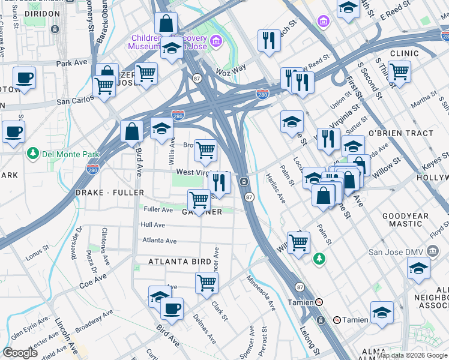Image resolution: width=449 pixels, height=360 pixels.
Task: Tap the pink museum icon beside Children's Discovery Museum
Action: pos(215,41)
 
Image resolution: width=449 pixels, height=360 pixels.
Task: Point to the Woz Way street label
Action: pos(231,69)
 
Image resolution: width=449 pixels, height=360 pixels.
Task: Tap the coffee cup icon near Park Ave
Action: pos(25,79)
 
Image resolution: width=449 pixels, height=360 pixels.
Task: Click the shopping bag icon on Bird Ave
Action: pos(131,132)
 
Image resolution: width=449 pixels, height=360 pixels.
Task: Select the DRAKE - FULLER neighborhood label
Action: pos(110,193)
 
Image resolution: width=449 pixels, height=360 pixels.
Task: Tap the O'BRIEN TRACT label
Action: pos(400,133)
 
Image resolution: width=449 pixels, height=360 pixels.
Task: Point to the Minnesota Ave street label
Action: pos(260,293)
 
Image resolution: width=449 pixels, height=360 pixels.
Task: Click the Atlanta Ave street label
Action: pos(159,241)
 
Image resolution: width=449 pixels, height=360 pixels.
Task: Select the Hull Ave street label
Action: pos(152,224)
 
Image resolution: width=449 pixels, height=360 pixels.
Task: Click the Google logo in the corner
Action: pos(20,353)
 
